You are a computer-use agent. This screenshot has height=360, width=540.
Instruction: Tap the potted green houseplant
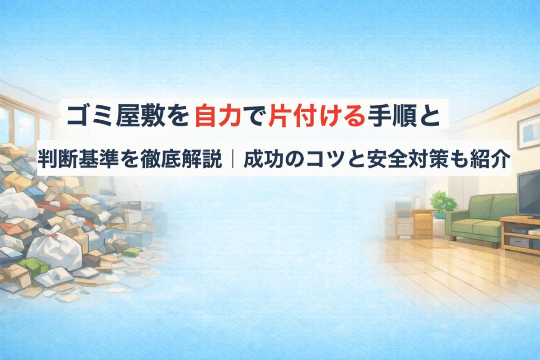441,202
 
